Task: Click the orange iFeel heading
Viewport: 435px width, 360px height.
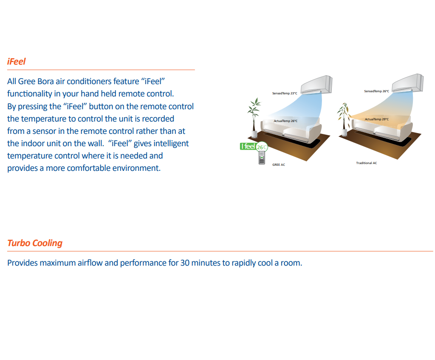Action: click(17, 62)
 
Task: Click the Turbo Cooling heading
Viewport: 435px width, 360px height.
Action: click(35, 243)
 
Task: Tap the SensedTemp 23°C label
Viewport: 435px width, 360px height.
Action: click(285, 93)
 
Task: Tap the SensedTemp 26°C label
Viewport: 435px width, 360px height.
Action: click(376, 91)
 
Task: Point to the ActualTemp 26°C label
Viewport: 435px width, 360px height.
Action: click(285, 121)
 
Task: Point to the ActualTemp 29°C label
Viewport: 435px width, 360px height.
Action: click(376, 119)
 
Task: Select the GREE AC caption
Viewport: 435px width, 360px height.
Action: click(279, 164)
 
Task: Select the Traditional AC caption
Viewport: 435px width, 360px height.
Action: click(366, 163)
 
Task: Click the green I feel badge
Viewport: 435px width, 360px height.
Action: click(248, 147)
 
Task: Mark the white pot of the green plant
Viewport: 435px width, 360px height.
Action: click(254, 134)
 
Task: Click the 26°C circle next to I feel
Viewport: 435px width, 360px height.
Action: click(263, 147)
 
